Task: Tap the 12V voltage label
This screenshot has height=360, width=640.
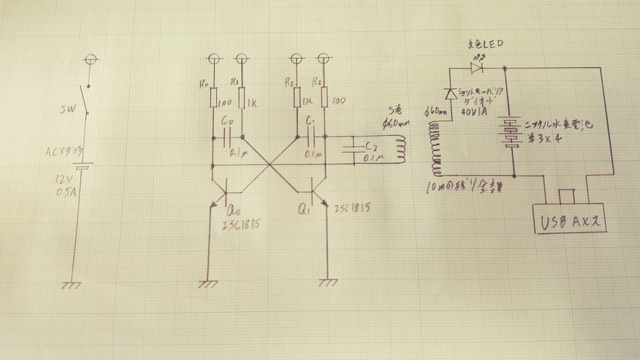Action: pos(64,181)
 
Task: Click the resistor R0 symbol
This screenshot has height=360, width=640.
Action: pos(213,97)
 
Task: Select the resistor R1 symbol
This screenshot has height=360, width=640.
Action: pos(242,97)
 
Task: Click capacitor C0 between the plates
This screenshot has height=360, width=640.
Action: pos(227,138)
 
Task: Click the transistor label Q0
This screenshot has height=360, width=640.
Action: pos(233,211)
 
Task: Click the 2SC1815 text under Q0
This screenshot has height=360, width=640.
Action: pos(240,225)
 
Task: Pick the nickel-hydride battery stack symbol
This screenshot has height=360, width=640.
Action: pos(509,132)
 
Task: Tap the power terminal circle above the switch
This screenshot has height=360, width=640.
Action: pos(89,60)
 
